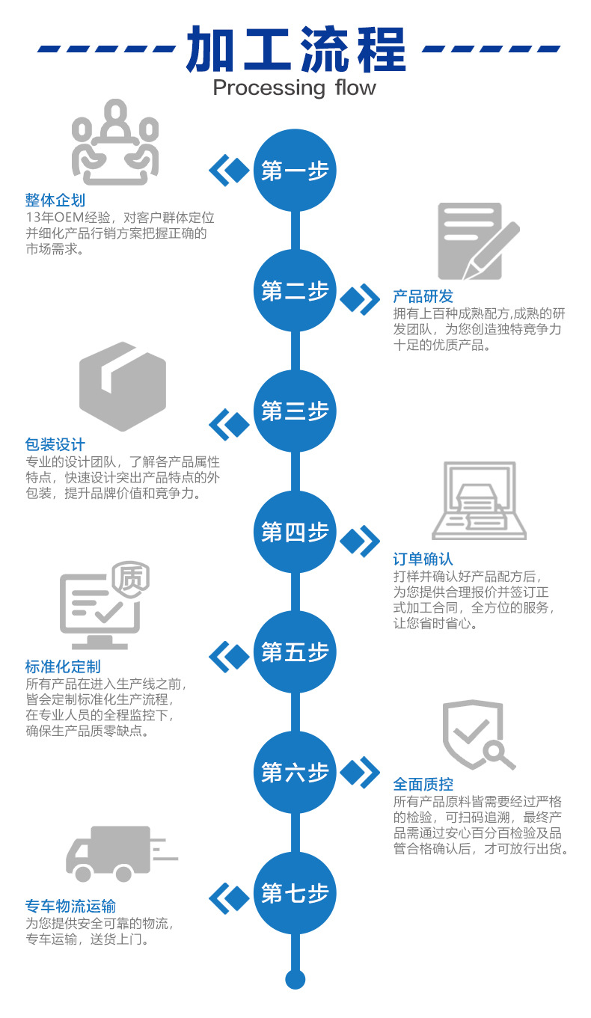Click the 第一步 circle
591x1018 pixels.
click(x=295, y=171)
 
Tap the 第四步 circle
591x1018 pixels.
click(x=295, y=533)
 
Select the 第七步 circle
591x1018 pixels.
click(x=295, y=893)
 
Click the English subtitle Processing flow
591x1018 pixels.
click(x=295, y=88)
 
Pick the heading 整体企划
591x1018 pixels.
click(x=55, y=200)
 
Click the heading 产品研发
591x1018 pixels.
click(x=423, y=296)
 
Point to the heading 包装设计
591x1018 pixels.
click(x=55, y=445)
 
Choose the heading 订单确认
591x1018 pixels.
click(x=423, y=559)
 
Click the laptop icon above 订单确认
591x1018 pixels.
click(x=479, y=500)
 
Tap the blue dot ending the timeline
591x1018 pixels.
click(x=295, y=979)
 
